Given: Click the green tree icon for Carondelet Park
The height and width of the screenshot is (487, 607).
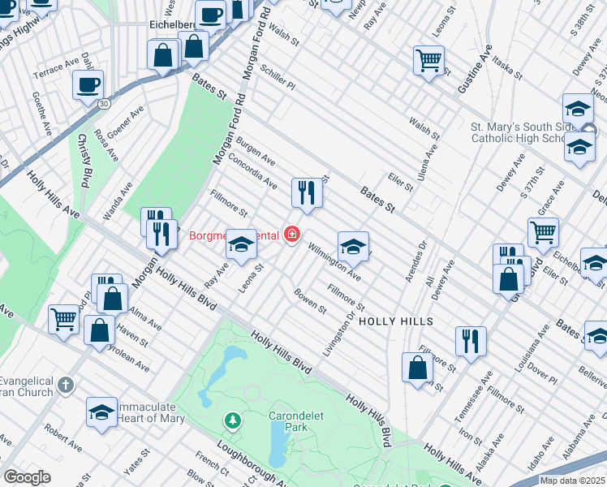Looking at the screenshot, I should [233, 420].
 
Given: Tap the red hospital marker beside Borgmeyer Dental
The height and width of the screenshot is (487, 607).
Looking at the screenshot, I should [291, 235].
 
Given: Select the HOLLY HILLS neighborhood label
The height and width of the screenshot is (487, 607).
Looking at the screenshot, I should [395, 321].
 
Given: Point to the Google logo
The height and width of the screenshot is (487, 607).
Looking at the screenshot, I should [27, 476].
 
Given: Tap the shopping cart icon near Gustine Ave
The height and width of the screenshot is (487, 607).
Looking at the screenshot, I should [428, 59].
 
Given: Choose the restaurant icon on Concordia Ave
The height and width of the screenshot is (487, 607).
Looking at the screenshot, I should [307, 192].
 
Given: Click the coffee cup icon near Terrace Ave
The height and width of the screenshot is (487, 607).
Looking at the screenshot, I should [88, 84].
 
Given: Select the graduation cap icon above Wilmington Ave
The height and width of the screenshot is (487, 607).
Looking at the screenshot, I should [353, 247].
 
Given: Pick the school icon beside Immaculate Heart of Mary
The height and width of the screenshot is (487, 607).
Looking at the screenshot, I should [101, 412].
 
